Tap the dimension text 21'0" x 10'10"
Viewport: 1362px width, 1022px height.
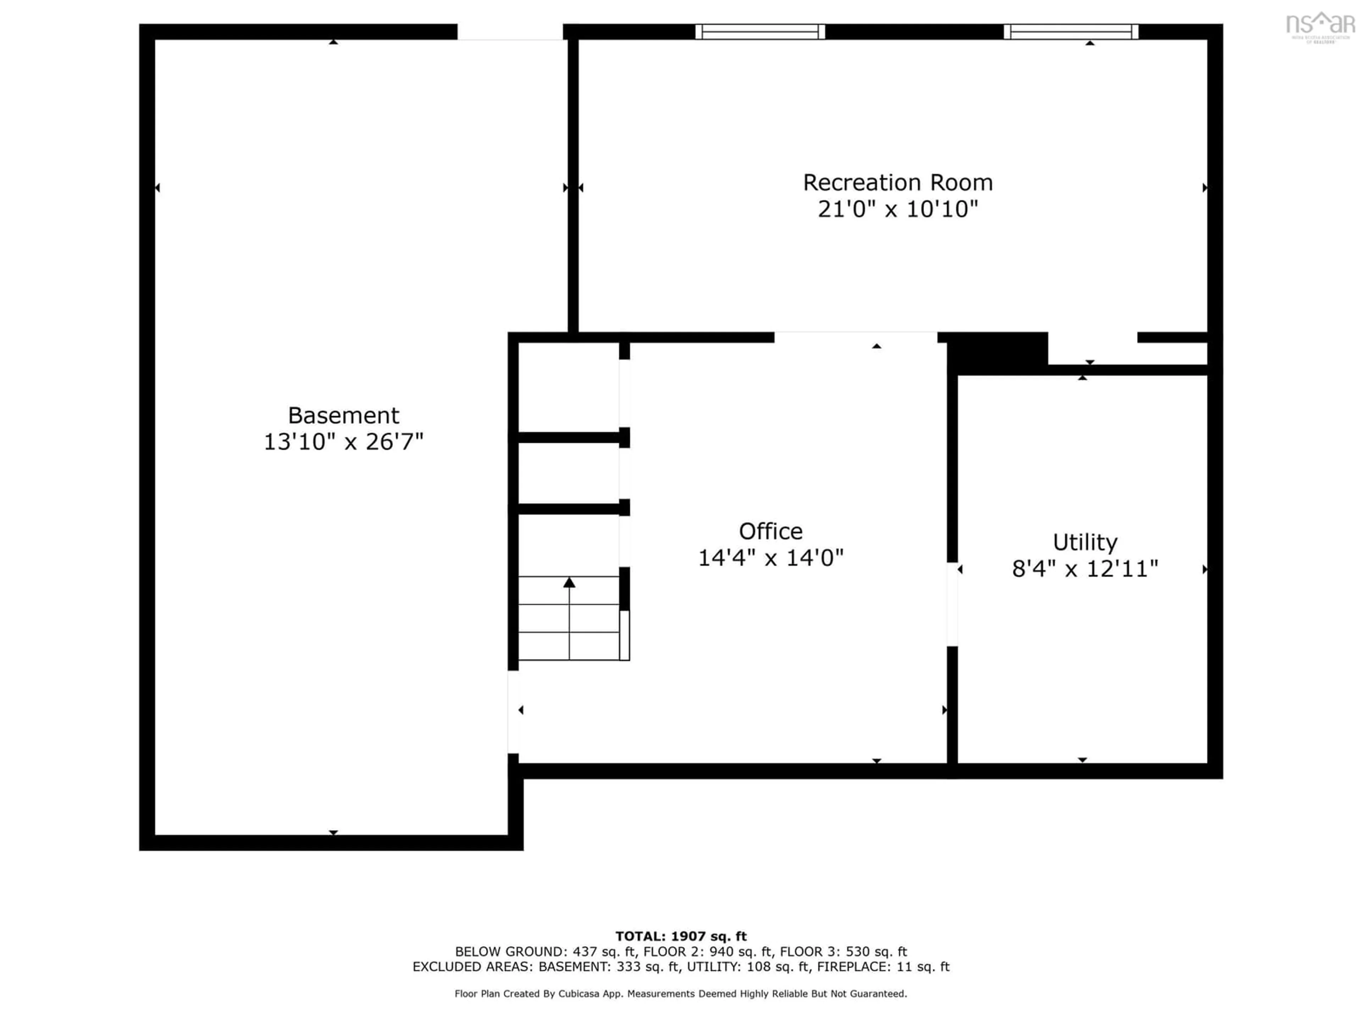point(898,209)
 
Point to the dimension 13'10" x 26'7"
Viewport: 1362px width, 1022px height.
point(344,442)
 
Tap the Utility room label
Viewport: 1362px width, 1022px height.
point(1085,542)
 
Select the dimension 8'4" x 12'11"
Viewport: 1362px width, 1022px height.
point(1085,568)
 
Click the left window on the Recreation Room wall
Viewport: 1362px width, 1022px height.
point(760,32)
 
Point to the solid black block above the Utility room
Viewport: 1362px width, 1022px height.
point(997,353)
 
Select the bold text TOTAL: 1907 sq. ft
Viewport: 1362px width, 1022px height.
point(681,936)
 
